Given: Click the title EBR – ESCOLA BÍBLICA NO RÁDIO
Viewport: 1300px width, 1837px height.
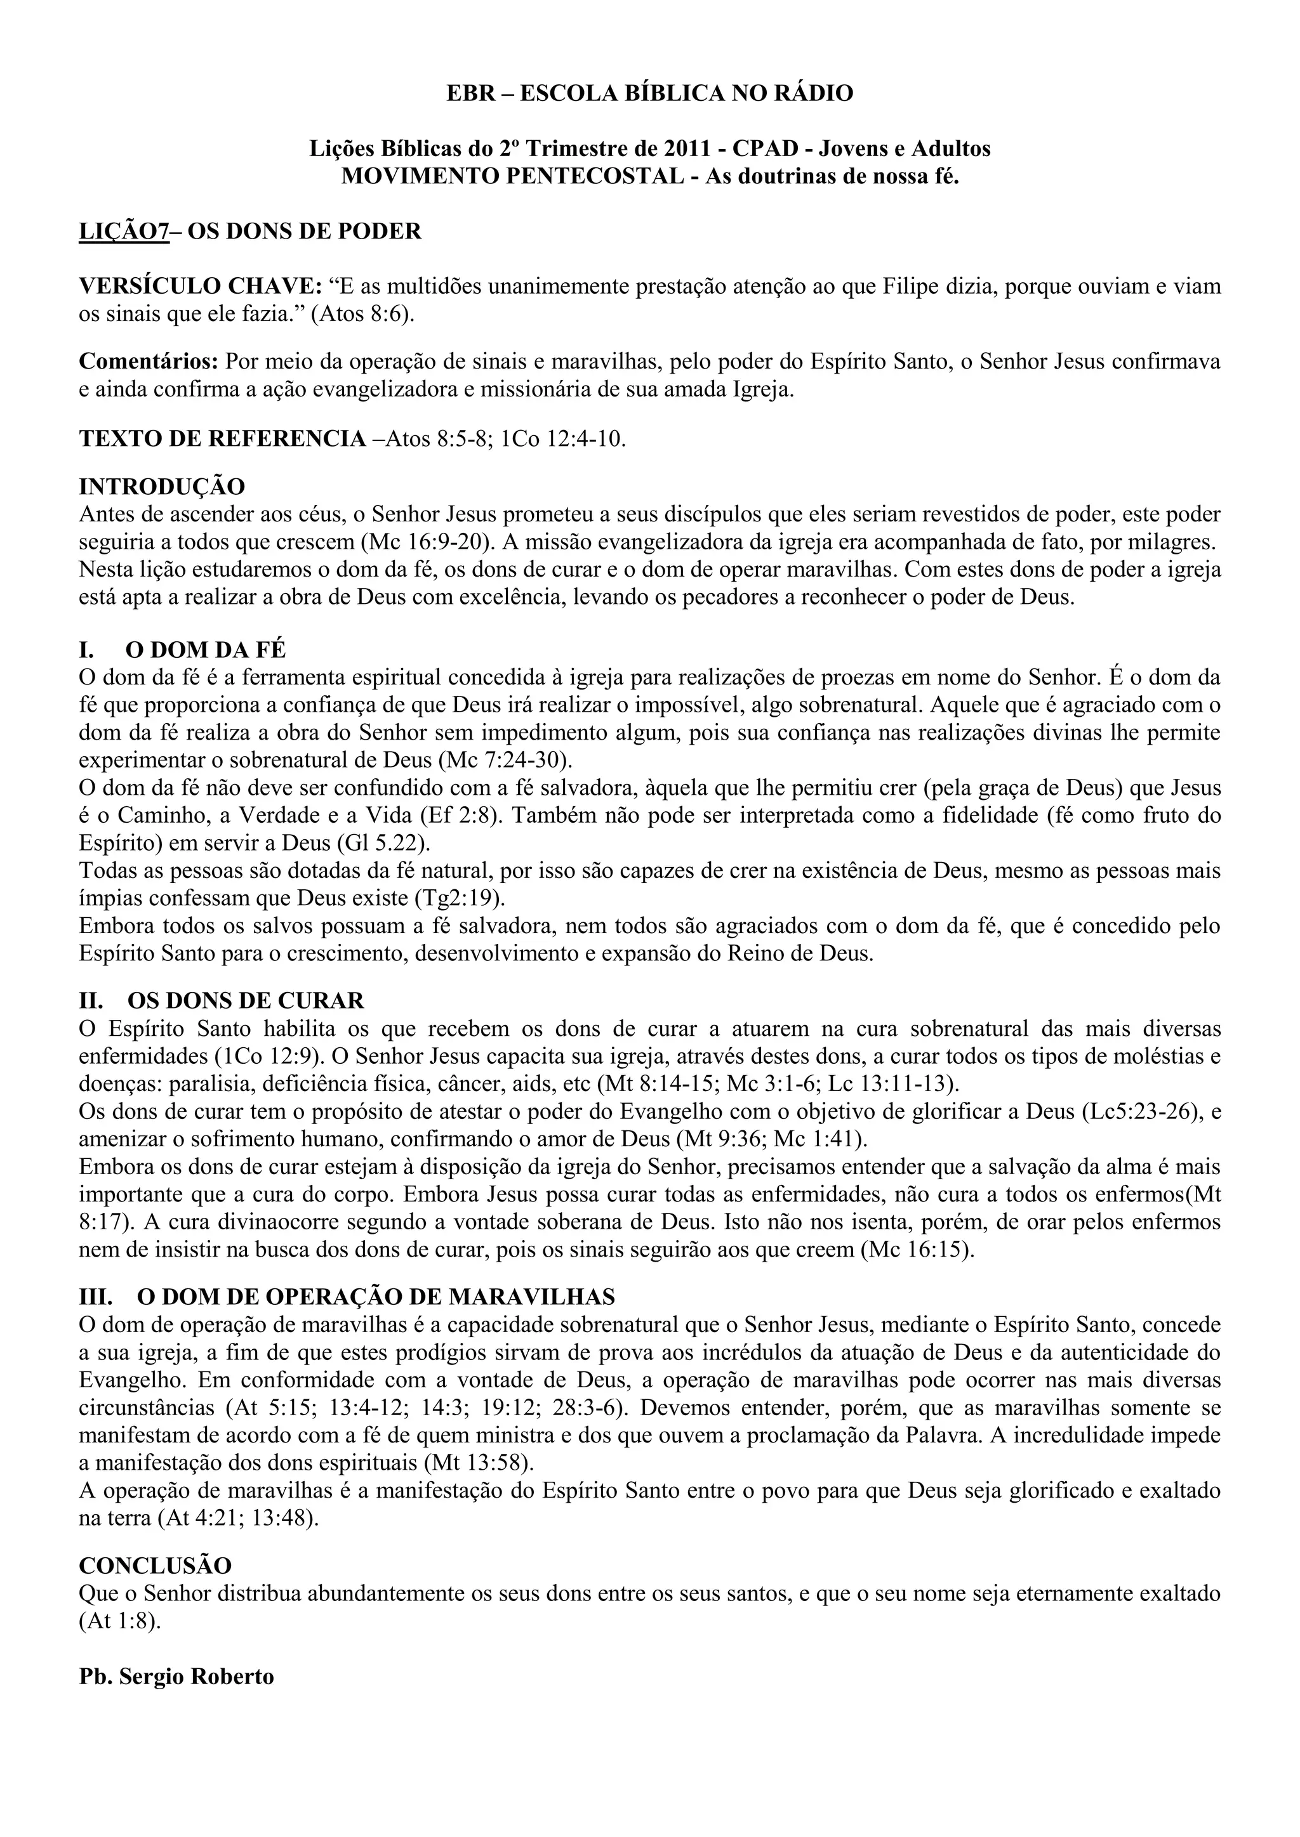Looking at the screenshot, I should [x=649, y=94].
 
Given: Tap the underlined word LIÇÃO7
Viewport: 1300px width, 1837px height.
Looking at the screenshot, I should [x=124, y=232].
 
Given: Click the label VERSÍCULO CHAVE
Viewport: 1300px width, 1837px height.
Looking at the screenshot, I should [x=200, y=287].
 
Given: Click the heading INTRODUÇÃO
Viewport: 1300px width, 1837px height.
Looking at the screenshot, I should [x=162, y=487].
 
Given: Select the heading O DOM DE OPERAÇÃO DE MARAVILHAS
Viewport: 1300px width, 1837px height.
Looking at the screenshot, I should [x=376, y=1296].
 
